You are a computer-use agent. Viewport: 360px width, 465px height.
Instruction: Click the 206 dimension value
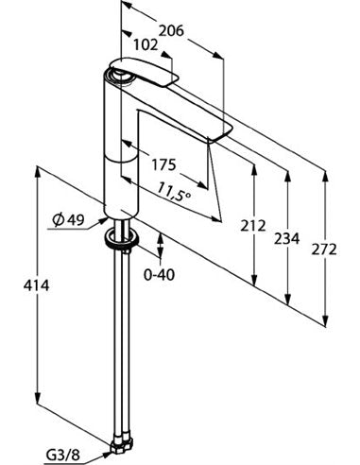pos(171,31)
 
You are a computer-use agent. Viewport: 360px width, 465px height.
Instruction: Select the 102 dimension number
pos(146,45)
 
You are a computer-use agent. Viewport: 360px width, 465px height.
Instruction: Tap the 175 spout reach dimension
pos(163,164)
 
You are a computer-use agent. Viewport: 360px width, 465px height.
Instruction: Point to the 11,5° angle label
pos(174,192)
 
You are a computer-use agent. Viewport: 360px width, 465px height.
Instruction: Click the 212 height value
pos(253,226)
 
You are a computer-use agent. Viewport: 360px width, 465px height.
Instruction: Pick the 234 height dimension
pos(286,238)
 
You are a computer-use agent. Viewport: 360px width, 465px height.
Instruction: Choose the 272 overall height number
pos(324,250)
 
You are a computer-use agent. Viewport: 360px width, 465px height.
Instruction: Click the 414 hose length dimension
pos(36,285)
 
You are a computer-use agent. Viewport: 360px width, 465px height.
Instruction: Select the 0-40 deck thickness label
pos(159,275)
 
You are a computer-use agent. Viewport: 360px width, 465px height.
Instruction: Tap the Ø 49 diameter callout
pos(69,219)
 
